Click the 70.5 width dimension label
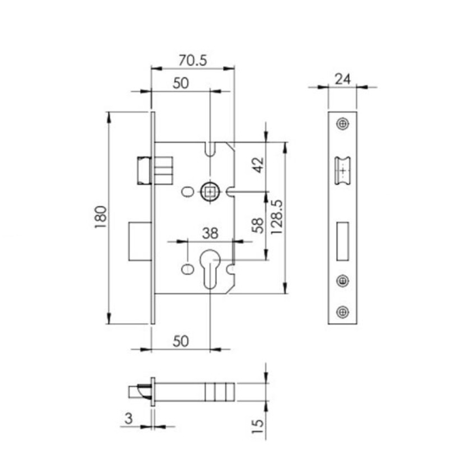click(193, 60)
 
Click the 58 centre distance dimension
click(257, 226)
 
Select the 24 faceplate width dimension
click(342, 79)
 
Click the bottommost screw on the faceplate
click(342, 312)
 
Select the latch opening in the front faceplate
click(342, 170)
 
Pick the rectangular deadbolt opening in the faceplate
click(342, 238)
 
